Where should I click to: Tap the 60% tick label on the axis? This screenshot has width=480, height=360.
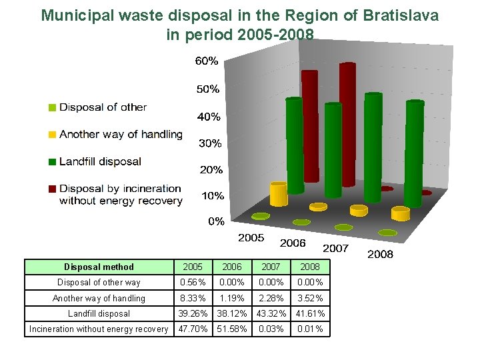(x=207, y=61)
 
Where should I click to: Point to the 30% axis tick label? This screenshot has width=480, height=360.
(x=210, y=143)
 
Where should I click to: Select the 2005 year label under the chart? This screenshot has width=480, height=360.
(x=251, y=237)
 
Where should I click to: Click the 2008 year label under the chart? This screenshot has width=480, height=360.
(x=380, y=254)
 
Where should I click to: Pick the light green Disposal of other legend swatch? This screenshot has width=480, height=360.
(x=52, y=107)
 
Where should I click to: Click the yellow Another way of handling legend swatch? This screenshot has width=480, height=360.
(x=52, y=135)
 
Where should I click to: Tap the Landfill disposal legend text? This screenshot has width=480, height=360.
(x=100, y=161)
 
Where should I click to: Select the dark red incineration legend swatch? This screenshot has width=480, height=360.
(x=52, y=189)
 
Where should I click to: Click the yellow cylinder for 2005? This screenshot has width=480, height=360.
(x=279, y=194)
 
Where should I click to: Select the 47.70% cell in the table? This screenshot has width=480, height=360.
(x=193, y=329)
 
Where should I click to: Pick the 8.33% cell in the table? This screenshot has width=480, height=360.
(x=193, y=298)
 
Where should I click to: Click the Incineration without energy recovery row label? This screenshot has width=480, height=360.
(x=99, y=329)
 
